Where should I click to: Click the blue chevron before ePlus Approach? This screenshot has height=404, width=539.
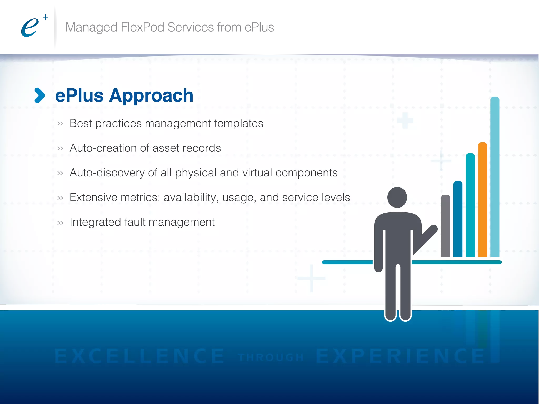coord(40,95)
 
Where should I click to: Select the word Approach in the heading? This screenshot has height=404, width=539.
coord(151,96)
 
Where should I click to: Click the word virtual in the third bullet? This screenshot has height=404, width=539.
coord(257,173)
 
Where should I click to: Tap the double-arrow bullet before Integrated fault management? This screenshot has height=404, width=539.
coord(60,223)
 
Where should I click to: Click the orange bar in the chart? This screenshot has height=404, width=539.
coord(482,200)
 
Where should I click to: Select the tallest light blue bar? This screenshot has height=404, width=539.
coord(495,176)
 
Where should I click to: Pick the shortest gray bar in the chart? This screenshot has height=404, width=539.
coord(445,226)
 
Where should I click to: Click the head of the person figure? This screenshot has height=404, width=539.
coord(397,197)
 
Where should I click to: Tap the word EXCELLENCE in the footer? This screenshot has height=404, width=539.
coord(139,356)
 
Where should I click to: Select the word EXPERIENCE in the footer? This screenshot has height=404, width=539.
coord(400,356)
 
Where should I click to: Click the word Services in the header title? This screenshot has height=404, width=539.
coord(191,27)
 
